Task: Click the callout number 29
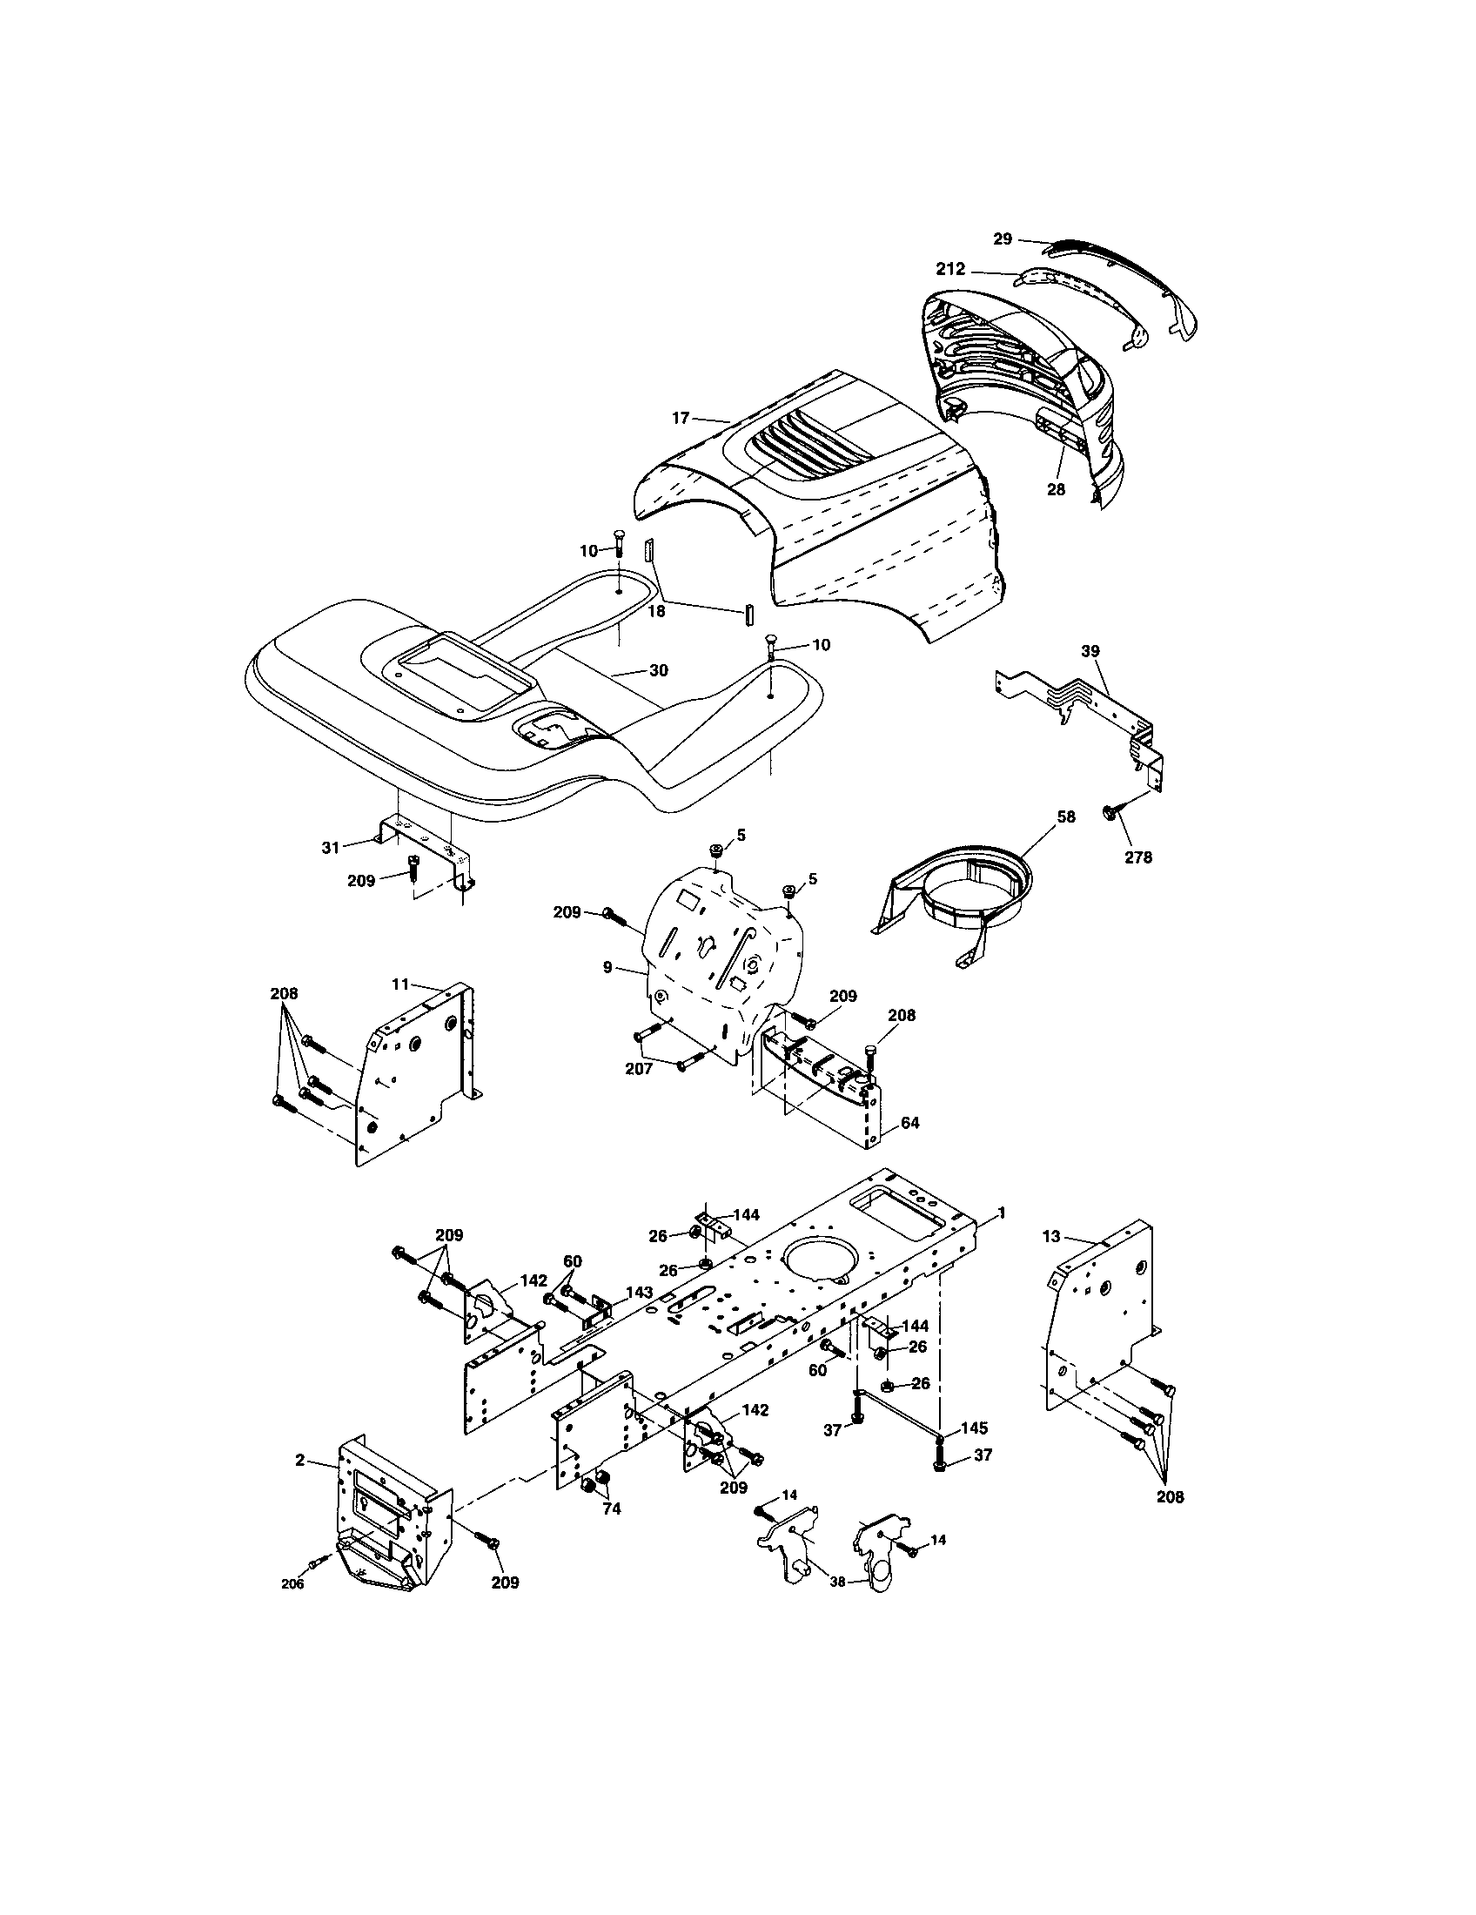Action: [1003, 239]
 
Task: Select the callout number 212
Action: [950, 269]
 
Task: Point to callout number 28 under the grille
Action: [1056, 490]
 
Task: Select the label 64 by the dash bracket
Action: [909, 1122]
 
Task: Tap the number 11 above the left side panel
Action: [400, 984]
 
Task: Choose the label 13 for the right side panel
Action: [1051, 1236]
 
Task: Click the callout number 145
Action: [975, 1428]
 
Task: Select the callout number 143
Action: [640, 1317]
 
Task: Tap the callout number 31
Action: [330, 848]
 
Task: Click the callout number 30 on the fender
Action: [658, 671]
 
